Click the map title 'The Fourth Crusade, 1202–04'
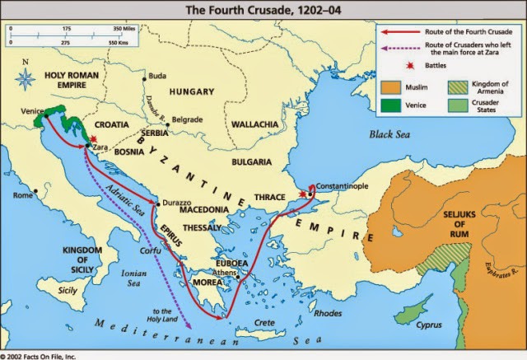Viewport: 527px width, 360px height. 263,10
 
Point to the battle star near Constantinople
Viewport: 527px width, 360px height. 304,194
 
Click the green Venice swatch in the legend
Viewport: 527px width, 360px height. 393,105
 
